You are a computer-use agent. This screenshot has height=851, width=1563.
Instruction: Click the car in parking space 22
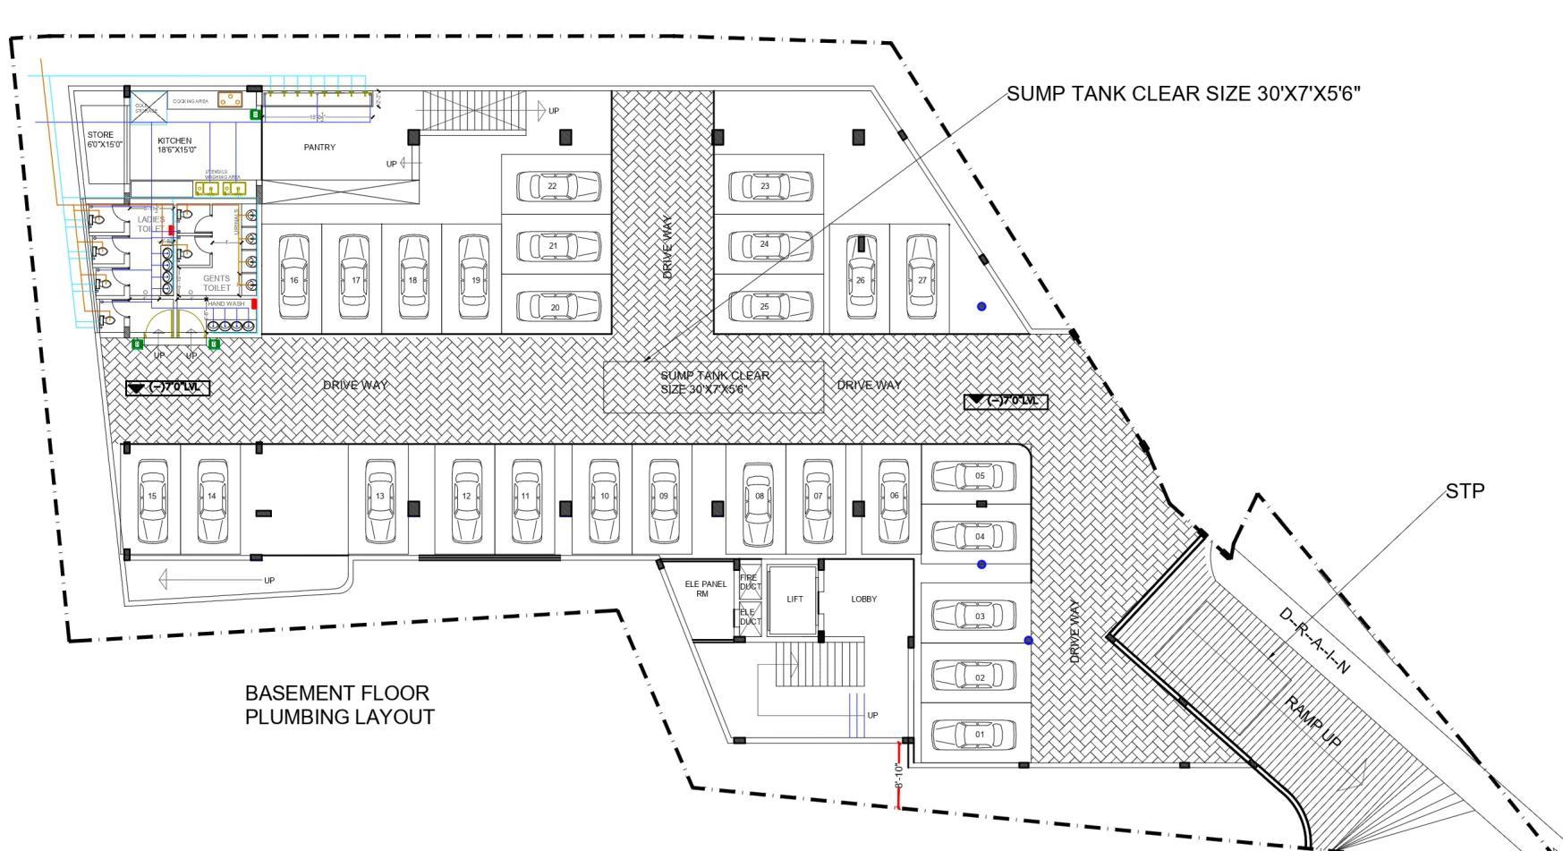pyautogui.click(x=559, y=187)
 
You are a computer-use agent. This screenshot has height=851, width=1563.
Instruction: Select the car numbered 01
pyautogui.click(x=973, y=735)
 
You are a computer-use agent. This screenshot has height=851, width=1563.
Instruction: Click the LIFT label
pyautogui.click(x=794, y=600)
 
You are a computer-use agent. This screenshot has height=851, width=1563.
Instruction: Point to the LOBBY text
pyautogui.click(x=864, y=600)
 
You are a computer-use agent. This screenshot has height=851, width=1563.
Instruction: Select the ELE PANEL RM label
pyautogui.click(x=706, y=589)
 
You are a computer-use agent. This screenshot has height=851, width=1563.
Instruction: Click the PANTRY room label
pyautogui.click(x=319, y=148)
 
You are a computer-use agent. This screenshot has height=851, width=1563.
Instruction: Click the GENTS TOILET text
pyautogui.click(x=217, y=284)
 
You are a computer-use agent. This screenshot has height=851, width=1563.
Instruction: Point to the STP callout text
pyautogui.click(x=1465, y=491)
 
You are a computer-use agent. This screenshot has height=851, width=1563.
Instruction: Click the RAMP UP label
pyautogui.click(x=1315, y=721)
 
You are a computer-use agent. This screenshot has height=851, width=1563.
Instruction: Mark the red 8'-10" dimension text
pyautogui.click(x=899, y=775)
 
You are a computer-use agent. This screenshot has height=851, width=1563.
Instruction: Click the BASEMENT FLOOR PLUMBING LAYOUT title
pyautogui.click(x=340, y=705)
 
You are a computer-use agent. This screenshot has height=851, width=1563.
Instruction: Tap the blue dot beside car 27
pyautogui.click(x=981, y=307)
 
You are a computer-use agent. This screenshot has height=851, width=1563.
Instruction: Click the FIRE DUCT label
pyautogui.click(x=748, y=582)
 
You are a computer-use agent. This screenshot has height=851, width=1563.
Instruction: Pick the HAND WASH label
pyautogui.click(x=225, y=304)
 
